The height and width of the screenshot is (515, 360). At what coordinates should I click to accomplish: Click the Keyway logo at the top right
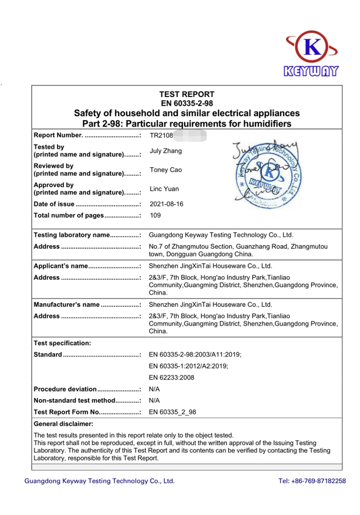point(312,55)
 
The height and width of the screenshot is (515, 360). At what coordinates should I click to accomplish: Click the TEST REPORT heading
point(187,94)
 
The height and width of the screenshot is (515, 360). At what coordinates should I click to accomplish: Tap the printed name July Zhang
point(166,151)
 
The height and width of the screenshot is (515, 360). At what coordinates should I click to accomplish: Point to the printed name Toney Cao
point(166,170)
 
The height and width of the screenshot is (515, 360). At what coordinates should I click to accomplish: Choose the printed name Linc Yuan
point(164,189)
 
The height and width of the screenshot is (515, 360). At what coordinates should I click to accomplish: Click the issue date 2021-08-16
point(167,204)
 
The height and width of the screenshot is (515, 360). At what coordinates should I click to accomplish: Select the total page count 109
point(156,216)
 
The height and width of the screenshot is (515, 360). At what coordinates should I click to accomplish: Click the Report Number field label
point(87,135)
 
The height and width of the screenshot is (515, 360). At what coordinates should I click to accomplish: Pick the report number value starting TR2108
point(161,136)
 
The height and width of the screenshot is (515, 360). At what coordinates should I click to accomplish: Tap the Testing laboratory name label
point(87,235)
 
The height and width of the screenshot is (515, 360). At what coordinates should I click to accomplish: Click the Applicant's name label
point(87,266)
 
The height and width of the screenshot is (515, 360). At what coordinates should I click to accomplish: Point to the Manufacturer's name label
point(87,305)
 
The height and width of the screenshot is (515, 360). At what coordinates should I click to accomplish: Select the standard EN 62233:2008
point(172,378)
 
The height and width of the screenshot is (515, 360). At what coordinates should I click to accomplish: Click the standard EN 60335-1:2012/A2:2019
point(189,366)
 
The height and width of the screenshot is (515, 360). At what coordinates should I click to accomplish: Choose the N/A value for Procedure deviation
point(155,389)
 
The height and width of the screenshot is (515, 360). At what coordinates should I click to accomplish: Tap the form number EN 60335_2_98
point(173,412)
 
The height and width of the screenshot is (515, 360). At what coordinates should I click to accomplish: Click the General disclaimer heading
point(63,424)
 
